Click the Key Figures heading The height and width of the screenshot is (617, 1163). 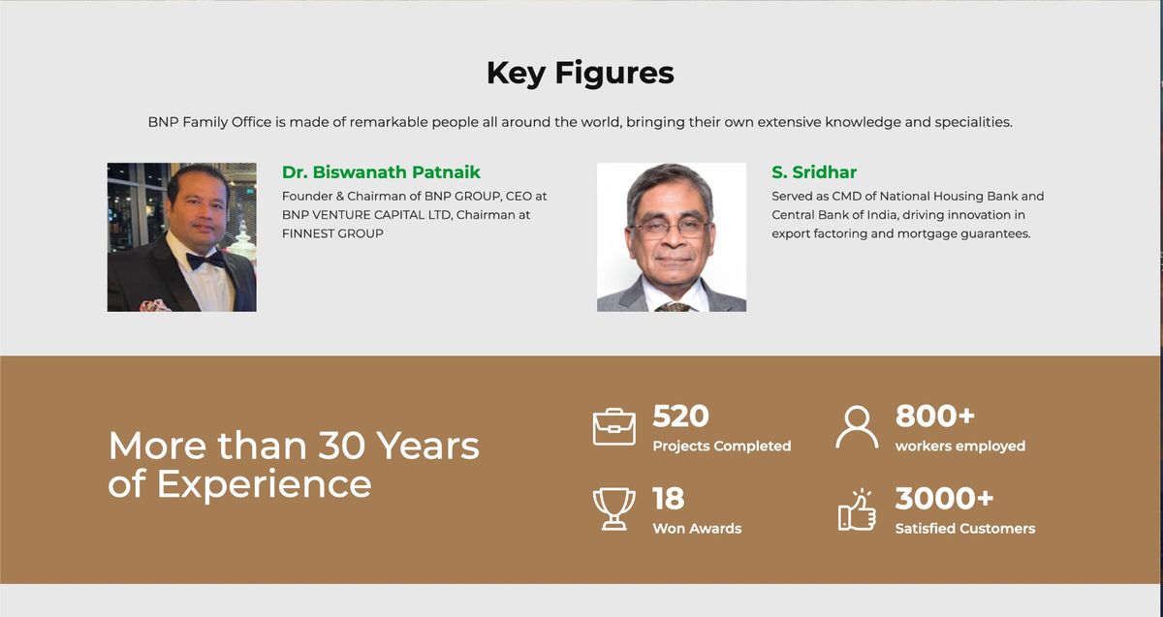pos(580,73)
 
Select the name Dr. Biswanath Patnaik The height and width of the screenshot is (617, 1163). pos(381,172)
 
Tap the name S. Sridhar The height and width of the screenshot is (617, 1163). pos(814,172)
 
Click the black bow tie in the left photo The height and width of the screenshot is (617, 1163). pos(205,260)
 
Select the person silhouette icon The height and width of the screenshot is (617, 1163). pos(857,427)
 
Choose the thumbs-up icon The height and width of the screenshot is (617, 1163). pos(857,509)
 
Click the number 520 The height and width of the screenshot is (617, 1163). pos(680,416)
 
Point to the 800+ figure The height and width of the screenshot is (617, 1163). pos(934,416)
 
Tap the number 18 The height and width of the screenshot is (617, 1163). pos(668,499)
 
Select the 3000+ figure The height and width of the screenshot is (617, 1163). pos(944,499)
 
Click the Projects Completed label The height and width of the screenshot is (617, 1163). pos(721,447)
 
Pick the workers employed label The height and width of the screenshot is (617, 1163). pos(959,447)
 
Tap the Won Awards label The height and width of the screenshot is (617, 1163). pos(697,529)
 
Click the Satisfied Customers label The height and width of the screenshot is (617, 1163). pos(964,529)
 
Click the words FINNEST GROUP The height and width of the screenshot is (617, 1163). pos(332,233)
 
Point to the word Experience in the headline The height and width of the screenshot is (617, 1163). pos(264,483)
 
